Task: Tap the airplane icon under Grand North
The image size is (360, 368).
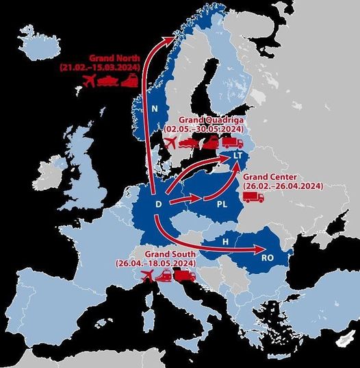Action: [x=88, y=82]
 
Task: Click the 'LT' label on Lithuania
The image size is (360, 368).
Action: [x=237, y=157]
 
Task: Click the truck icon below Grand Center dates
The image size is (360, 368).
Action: [x=253, y=197]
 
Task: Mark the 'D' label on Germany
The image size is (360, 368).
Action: [x=159, y=204]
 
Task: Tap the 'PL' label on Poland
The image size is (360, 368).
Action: [x=222, y=204]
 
